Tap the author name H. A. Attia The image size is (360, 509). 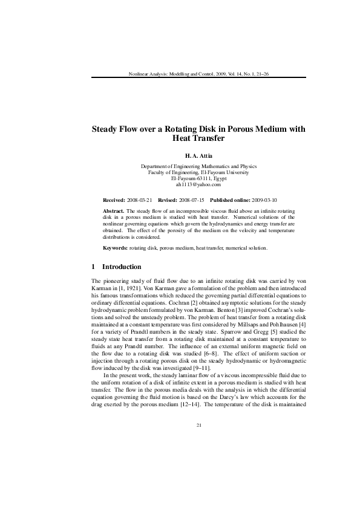click(198, 155)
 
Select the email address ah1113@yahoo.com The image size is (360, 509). click(198, 184)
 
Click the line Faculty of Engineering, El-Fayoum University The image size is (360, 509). click(198, 172)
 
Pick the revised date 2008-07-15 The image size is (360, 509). click(193, 199)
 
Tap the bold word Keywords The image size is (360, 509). click(116, 248)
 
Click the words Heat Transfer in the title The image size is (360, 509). click(198, 138)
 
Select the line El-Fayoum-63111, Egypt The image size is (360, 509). click(198, 178)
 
